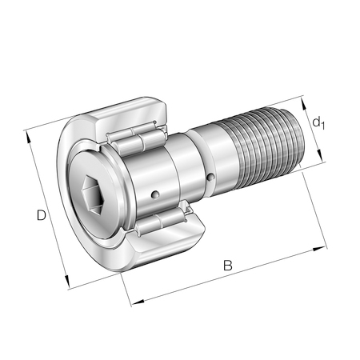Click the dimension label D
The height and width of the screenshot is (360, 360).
pyautogui.click(x=42, y=215)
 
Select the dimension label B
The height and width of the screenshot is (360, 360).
pyautogui.click(x=228, y=265)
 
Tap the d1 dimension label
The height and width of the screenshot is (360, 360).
pyautogui.click(x=318, y=123)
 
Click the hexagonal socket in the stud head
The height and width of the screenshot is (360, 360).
pyautogui.click(x=93, y=195)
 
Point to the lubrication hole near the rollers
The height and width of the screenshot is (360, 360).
pyautogui.click(x=155, y=194)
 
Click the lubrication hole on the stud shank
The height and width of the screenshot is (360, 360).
pyautogui.click(x=211, y=177)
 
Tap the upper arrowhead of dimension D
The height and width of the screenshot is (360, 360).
pyautogui.click(x=28, y=137)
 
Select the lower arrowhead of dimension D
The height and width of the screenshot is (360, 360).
pyautogui.click(x=66, y=282)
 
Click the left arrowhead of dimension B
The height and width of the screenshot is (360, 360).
pyautogui.click(x=138, y=302)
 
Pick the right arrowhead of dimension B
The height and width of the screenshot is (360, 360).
pyautogui.click(x=319, y=249)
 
